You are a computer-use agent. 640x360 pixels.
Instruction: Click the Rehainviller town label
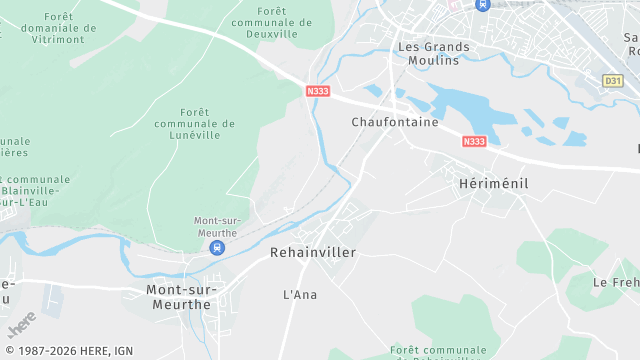click(x=313, y=253)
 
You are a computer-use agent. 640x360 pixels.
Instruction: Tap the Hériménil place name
click(x=492, y=184)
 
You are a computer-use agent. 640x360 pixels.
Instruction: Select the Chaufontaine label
click(x=395, y=122)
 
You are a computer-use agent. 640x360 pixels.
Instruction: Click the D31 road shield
click(x=613, y=80)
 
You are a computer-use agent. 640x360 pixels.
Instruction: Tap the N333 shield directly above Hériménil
click(x=474, y=142)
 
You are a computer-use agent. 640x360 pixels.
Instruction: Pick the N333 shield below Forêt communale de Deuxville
click(x=318, y=91)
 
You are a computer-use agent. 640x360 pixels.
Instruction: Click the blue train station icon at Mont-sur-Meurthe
click(x=218, y=248)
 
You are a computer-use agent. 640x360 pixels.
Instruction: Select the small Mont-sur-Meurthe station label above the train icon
click(x=217, y=227)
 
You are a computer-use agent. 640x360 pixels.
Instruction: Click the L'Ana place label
click(x=300, y=295)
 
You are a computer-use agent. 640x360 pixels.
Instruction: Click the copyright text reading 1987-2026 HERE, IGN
click(x=69, y=351)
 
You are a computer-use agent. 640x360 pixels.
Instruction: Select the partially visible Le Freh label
click(x=615, y=283)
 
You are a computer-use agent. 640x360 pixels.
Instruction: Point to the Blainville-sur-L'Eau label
click(x=31, y=190)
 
